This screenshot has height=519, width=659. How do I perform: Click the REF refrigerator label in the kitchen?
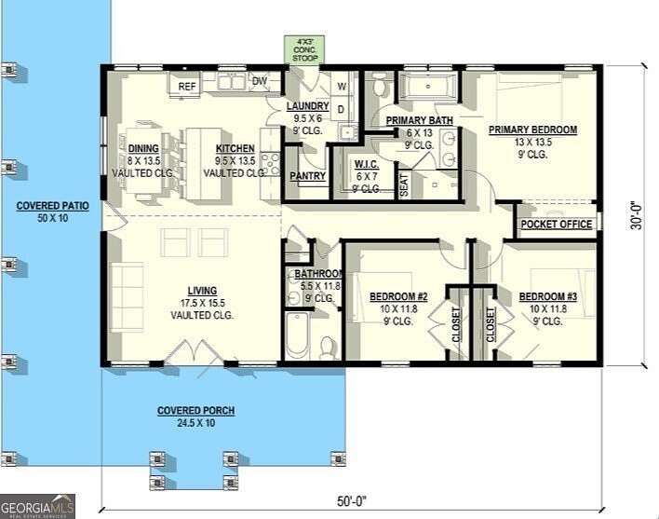pyautogui.click(x=187, y=87)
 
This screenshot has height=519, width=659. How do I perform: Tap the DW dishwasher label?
pyautogui.click(x=260, y=82)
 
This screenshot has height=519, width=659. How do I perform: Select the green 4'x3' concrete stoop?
pyautogui.click(x=304, y=50)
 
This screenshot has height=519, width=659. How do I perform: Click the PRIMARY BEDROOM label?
pyautogui.click(x=532, y=130)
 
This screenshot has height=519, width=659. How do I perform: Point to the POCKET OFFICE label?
pyautogui.click(x=557, y=225)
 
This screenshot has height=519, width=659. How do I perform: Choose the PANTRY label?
pyautogui.click(x=306, y=176)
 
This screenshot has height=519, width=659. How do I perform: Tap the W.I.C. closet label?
pyautogui.click(x=365, y=165)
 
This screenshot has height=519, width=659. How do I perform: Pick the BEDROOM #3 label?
pyautogui.click(x=548, y=297)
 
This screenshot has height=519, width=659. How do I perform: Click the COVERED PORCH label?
pyautogui.click(x=195, y=411)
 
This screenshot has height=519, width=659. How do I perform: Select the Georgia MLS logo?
pyautogui.click(x=37, y=506)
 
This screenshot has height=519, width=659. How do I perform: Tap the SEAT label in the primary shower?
pyautogui.click(x=404, y=184)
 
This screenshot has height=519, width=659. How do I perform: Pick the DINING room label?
pyautogui.click(x=144, y=148)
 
